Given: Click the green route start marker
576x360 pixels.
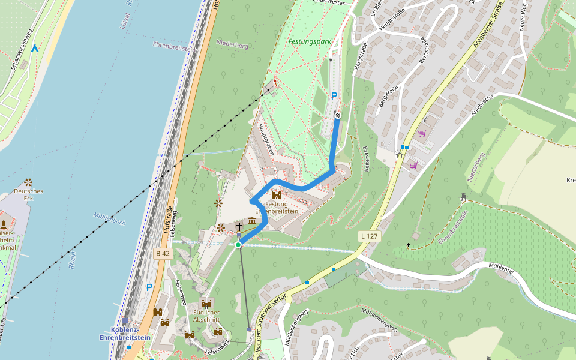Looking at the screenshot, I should coord(238,245).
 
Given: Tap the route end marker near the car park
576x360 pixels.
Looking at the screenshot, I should coord(338,115).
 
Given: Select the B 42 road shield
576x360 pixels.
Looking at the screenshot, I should coord(163,254).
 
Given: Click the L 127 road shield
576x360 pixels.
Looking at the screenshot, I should coord(369,236).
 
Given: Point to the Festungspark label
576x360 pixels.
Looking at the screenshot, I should coord(309,42).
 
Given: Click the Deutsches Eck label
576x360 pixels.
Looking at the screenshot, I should coord(28,194).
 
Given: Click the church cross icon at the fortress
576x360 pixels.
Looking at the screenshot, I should coord(239,226).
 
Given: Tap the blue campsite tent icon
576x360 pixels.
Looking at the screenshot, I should coord(35,48).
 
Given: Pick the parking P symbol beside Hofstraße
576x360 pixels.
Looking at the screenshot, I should coord(149,287).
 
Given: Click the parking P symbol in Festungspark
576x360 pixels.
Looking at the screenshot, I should coord(334,95).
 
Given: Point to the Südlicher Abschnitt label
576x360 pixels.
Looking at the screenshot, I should coord(206,316).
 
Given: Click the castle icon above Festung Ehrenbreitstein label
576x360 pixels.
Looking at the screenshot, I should coord(277,195).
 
